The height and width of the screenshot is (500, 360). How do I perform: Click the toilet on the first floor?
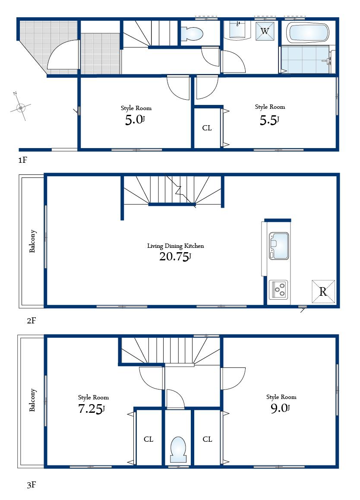coord(193,33)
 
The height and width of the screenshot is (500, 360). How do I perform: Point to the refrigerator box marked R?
coord(323,291)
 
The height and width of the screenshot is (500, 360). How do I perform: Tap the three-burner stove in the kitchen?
coord(279,289)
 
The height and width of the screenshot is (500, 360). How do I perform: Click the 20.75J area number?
coord(175,257)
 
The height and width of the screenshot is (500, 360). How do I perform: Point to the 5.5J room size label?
coord(269,120)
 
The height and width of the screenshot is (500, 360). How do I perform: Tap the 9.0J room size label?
coord(280,408)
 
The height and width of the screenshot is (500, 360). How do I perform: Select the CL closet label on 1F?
coord(207,128)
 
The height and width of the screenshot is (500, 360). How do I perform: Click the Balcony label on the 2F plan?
coord(33,241)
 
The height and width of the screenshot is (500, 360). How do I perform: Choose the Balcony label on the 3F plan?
coord(33,400)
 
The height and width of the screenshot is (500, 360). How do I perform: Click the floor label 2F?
coord(31,321)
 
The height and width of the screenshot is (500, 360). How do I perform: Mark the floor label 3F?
coord(31,485)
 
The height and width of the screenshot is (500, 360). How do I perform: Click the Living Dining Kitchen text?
coord(175,246)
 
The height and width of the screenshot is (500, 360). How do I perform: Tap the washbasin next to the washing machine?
coord(238,30)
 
